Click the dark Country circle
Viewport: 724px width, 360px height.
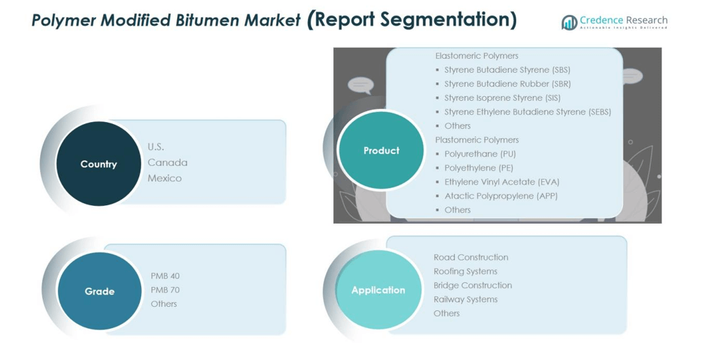[x=99, y=164]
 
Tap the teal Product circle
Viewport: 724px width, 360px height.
[x=381, y=150]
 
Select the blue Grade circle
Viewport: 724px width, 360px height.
[x=100, y=291]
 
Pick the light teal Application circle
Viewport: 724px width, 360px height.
[x=378, y=290]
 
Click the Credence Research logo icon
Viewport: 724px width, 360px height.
[x=569, y=22]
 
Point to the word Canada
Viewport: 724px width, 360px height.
[x=168, y=162]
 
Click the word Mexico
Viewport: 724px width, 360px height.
[x=165, y=178]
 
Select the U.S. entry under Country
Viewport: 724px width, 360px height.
[x=156, y=147]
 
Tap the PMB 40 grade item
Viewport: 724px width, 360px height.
[x=165, y=276]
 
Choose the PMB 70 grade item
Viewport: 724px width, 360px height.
[x=165, y=290]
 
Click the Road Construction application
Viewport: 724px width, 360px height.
[x=471, y=257]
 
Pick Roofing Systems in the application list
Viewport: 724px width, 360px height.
[x=466, y=271]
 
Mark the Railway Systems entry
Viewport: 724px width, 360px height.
[x=466, y=299]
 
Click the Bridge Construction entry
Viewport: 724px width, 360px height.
[x=473, y=285]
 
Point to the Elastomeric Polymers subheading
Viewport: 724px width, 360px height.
[x=477, y=56]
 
